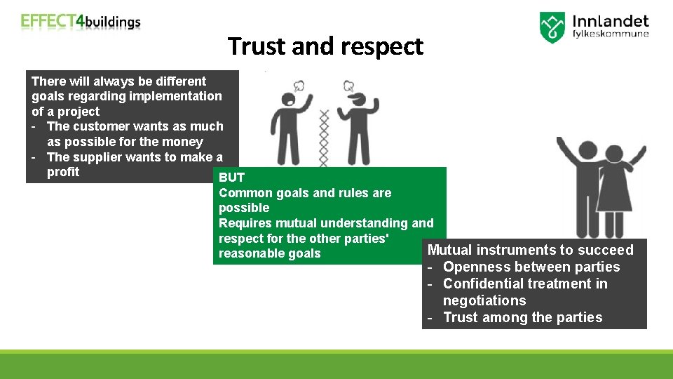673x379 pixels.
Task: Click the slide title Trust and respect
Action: click(325, 46)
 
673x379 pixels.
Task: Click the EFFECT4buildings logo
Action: click(81, 21)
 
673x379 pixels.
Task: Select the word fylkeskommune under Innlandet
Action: click(611, 34)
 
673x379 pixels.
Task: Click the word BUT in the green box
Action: click(231, 178)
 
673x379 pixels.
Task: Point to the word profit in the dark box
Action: click(63, 172)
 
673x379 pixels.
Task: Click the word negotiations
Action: click(484, 300)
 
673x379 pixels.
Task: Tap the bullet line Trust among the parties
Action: click(522, 317)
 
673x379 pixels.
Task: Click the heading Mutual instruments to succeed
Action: click(530, 250)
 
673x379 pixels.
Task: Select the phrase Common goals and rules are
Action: click(305, 193)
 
